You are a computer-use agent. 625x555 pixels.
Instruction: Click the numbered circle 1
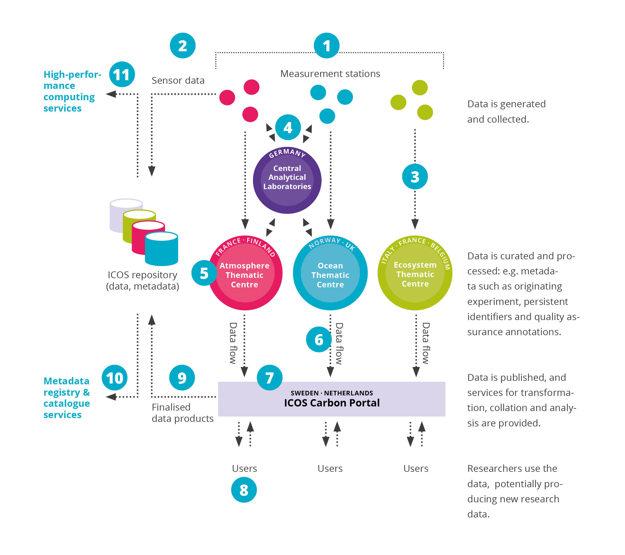327,46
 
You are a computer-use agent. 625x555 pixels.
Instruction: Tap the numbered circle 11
122,74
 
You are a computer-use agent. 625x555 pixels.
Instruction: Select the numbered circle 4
288,127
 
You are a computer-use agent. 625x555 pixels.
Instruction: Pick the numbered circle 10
114,378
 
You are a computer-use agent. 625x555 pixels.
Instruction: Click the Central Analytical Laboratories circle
287,180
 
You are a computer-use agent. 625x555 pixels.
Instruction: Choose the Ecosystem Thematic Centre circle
415,274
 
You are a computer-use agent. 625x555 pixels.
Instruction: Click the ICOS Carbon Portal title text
332,403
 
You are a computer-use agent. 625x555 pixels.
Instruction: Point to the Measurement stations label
330,74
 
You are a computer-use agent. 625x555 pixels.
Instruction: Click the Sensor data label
178,80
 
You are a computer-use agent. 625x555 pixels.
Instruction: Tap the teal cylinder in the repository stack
161,249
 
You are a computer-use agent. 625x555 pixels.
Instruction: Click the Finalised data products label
182,413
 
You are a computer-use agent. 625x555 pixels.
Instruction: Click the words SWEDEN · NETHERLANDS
332,393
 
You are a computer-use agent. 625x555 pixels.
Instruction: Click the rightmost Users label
415,468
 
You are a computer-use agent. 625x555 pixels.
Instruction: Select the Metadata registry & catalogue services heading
67,398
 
